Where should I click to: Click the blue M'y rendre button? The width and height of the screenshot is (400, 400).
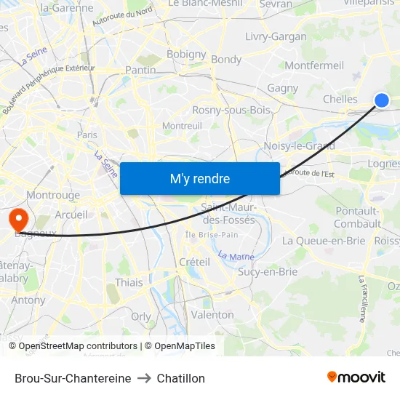tap(199, 178)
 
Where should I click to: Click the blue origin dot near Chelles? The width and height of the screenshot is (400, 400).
tap(381, 100)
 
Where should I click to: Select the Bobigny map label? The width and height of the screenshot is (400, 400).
tap(186, 54)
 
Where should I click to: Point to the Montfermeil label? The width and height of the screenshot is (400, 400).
tap(314, 65)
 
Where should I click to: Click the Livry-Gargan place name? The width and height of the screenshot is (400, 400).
tap(276, 36)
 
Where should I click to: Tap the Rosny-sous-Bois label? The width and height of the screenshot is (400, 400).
tap(231, 110)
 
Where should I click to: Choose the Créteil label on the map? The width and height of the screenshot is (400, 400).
tap(194, 262)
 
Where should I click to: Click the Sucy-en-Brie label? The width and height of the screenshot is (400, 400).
tap(268, 272)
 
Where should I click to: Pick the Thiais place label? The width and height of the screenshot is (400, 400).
tap(129, 282)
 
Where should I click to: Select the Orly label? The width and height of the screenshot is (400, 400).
tap(141, 316)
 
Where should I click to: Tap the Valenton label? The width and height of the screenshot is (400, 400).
tap(212, 315)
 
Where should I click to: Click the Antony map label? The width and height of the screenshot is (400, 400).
tap(28, 300)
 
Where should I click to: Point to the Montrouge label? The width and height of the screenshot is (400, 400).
tap(53, 195)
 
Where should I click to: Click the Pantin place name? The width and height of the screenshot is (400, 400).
tap(140, 70)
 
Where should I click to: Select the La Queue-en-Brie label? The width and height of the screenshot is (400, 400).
tap(323, 241)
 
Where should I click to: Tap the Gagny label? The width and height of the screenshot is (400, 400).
tap(282, 89)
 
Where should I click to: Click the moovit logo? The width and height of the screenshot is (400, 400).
tap(356, 377)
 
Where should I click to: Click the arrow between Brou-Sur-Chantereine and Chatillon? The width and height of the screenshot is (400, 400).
tap(144, 378)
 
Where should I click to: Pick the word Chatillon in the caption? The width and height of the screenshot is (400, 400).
tap(181, 378)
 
